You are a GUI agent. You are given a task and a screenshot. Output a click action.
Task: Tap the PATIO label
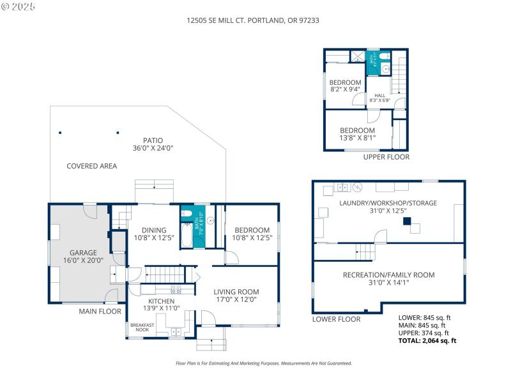tap(153, 140)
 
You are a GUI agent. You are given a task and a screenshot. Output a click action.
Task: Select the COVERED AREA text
tap(91, 166)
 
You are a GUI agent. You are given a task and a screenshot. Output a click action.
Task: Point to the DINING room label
tap(155, 230)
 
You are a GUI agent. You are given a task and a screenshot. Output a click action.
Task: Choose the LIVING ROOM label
tap(236, 292)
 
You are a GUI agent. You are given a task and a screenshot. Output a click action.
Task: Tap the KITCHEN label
tap(161, 301)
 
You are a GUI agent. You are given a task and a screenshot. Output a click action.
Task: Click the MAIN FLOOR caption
tap(100, 312)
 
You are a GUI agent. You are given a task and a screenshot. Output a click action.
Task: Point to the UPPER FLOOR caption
tap(386, 157)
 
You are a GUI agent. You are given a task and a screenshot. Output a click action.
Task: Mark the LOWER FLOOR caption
tap(333, 319)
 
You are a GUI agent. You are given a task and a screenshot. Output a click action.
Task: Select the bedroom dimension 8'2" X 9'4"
tap(345, 90)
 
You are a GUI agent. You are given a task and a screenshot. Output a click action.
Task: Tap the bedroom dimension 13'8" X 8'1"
tap(357, 137)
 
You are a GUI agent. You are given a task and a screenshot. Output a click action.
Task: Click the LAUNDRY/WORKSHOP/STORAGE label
tap(388, 203)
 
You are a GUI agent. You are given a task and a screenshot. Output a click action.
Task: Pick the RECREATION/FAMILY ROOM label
tap(388, 274)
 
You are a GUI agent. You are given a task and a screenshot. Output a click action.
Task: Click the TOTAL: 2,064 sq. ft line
tap(427, 341)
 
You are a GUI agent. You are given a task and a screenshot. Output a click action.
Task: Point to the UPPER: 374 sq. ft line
tap(424, 333)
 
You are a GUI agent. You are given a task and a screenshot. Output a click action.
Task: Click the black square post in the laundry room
tap(406, 222)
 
